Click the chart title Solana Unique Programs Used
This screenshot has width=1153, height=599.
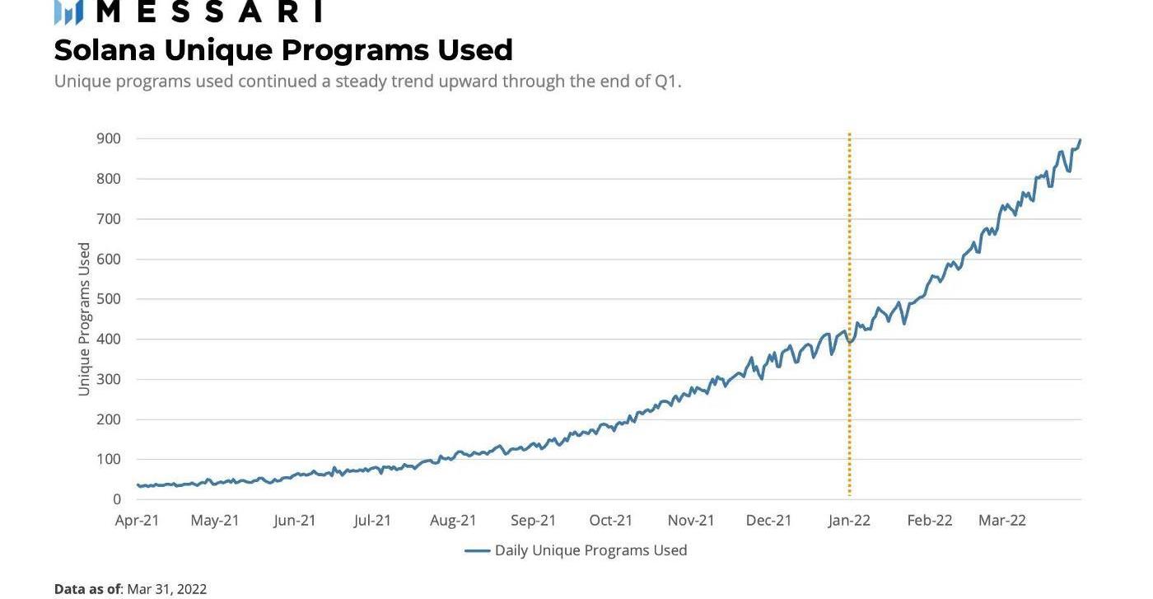coord(283,50)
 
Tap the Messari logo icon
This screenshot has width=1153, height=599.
coord(68,12)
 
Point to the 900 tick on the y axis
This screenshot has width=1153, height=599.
coord(107,138)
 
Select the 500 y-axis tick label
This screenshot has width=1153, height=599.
coord(107,299)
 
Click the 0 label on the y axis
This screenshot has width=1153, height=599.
coord(117,499)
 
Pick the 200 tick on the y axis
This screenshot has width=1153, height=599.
coord(107,419)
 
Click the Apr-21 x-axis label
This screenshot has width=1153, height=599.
coord(138,521)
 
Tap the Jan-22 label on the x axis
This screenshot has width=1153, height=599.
coord(849,521)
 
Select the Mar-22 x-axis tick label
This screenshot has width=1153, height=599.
coord(1002,521)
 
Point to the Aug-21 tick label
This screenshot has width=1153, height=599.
coord(453,521)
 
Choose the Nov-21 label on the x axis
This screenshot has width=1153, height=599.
coord(691,521)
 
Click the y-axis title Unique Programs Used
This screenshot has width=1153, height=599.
coord(84,319)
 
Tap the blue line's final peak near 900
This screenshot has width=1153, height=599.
coord(1080,141)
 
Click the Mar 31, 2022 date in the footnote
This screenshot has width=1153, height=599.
coord(166,589)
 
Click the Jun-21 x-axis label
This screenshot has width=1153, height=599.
coord(295,521)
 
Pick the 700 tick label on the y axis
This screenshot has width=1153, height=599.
coord(107,219)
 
